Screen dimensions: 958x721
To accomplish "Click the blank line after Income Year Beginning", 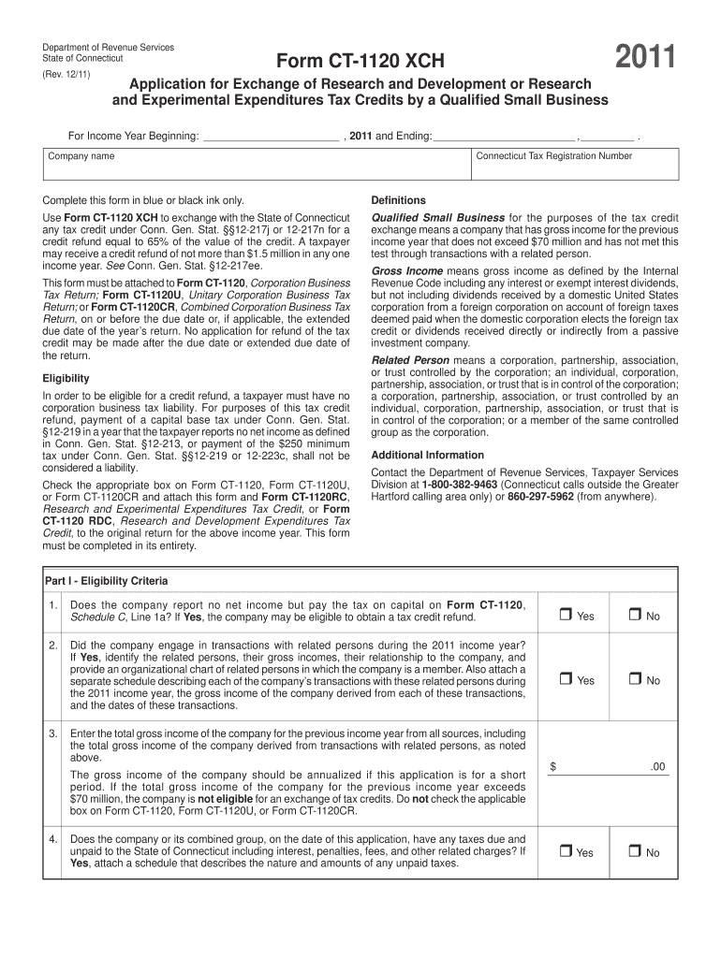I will point(271,137).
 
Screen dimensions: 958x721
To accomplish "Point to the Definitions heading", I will point(398,200).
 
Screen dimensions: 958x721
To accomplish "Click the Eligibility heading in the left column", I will point(66,378).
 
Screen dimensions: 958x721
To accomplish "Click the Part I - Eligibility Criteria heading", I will point(107,581).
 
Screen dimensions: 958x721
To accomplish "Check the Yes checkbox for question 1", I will point(565,616).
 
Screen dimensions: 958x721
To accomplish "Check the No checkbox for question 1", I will point(634,616).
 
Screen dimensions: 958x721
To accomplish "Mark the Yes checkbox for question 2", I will point(565,680).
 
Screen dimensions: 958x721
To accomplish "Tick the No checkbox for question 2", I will point(634,680).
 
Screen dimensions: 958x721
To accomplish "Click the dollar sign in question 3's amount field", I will point(553,767).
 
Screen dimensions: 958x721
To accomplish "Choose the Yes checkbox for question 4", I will point(565,851).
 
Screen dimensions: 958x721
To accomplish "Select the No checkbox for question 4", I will point(634,851).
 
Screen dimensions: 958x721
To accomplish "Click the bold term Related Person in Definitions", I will point(410,359).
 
